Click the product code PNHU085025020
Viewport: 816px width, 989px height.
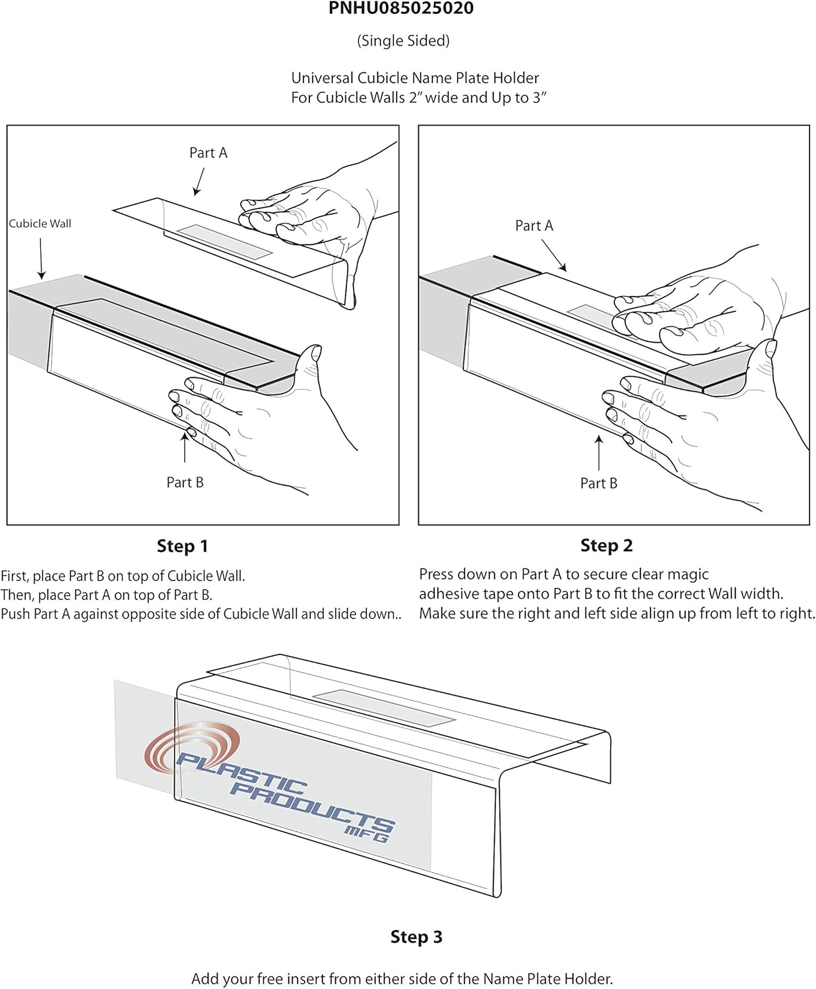(x=401, y=9)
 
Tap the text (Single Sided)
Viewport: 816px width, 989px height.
(x=403, y=41)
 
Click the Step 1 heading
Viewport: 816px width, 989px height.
(x=182, y=546)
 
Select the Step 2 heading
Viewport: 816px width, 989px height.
(x=606, y=545)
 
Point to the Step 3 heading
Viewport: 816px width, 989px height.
(x=416, y=937)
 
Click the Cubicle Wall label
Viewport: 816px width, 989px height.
(x=40, y=224)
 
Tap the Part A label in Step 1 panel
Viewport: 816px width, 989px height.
(x=208, y=153)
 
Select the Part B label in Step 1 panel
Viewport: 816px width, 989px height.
(x=185, y=483)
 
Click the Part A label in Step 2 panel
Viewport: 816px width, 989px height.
(x=534, y=225)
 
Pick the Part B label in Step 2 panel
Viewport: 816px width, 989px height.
(x=598, y=483)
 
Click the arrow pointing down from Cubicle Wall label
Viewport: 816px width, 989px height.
(x=41, y=258)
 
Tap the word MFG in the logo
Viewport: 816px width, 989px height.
(x=366, y=834)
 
